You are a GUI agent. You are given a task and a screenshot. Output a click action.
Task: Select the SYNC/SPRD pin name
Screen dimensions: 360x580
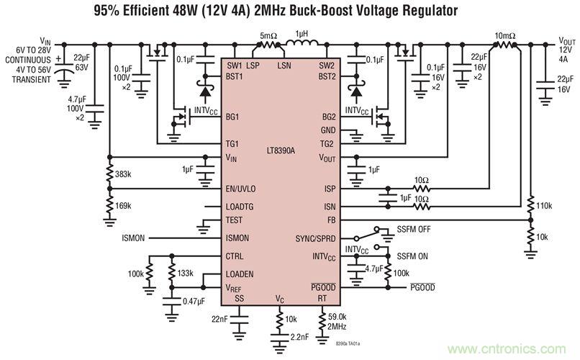[x=317, y=238]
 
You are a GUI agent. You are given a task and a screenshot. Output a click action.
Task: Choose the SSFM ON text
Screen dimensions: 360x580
[x=413, y=256]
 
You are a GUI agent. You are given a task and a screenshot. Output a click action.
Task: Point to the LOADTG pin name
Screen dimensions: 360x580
[x=241, y=206]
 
